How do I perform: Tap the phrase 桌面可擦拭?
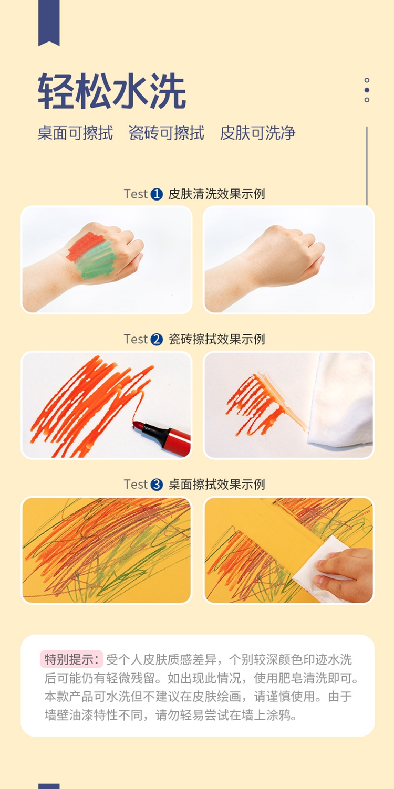75,133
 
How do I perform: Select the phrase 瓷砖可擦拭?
167,133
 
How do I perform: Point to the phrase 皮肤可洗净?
257,133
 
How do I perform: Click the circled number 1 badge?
157,194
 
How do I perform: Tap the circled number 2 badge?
157,339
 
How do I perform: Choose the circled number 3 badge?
157,485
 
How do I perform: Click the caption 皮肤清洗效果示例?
216,194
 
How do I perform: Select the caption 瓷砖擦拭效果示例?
216,339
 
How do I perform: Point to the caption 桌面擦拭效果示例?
216,485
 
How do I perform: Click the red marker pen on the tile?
162,436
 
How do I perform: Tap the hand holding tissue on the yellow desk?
345,573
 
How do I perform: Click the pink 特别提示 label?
71,659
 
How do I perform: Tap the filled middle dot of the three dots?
367,90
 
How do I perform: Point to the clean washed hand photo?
288,260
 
